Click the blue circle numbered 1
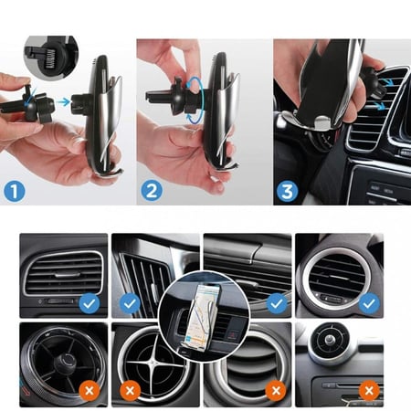pos(15,191)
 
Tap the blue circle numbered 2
pos(152,191)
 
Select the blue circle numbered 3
pos(287,191)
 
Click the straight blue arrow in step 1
pos(64,102)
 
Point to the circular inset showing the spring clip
pos(51,58)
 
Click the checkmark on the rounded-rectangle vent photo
pos(90,303)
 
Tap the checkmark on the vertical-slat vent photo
pos(130,303)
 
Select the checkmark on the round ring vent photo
pos(369,303)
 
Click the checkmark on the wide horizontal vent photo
pos(277,303)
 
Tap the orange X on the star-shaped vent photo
pos(130,390)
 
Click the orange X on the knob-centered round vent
pos(90,390)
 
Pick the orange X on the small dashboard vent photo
pos(369,390)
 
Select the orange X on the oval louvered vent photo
pos(277,390)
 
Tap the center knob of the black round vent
pos(65,363)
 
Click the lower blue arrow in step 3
pos(379,106)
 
